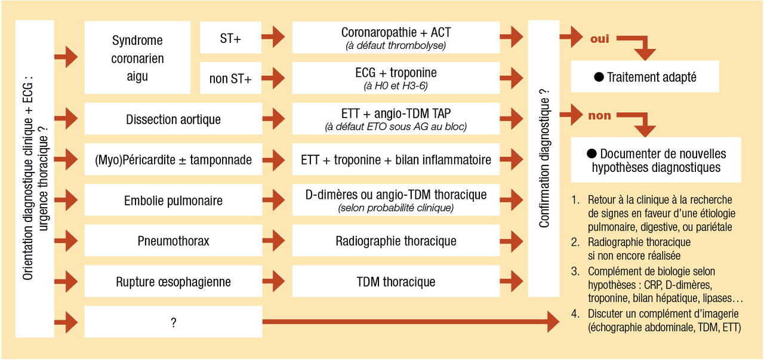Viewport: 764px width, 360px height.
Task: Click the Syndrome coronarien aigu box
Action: [x=137, y=58]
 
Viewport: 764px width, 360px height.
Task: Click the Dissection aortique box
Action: [x=173, y=119]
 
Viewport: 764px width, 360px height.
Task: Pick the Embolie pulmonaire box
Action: [x=173, y=200]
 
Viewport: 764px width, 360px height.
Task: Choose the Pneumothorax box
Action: [x=173, y=241]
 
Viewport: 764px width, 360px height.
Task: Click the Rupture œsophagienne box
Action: [x=173, y=281]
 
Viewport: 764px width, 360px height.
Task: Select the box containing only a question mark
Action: [x=173, y=322]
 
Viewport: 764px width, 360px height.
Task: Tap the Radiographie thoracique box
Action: [x=396, y=241]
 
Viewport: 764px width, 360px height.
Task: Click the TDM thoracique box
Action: [x=396, y=281]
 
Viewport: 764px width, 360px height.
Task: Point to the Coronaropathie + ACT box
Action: [x=396, y=37]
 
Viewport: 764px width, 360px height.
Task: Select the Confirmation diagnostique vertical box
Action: [x=544, y=158]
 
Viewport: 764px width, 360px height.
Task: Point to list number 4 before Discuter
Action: [x=574, y=313]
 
